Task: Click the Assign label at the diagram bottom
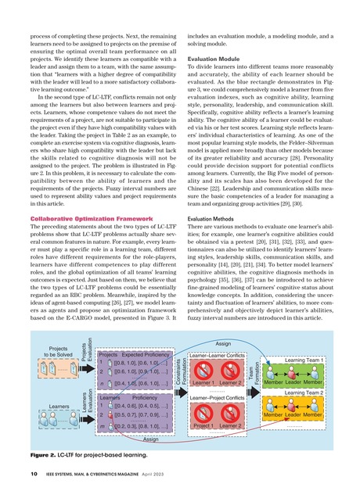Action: click(x=151, y=440)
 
